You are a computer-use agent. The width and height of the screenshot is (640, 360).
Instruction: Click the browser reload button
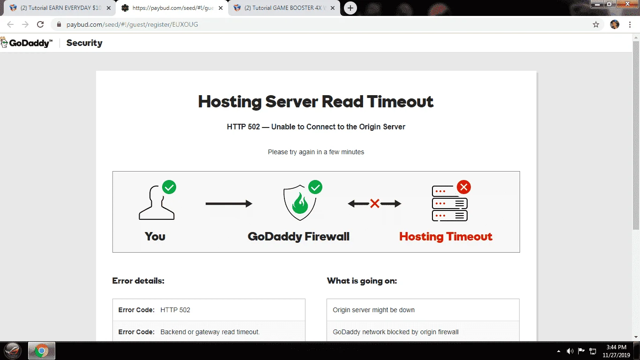tap(40, 24)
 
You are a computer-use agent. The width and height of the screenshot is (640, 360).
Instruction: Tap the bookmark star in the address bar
tap(595, 24)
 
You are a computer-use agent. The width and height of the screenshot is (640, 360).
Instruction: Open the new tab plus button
tap(350, 8)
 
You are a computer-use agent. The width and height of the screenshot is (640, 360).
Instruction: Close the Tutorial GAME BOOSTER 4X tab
tap(333, 8)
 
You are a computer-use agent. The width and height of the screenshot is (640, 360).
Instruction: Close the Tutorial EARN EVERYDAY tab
tap(109, 8)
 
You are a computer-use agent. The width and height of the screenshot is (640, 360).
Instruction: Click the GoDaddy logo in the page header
tap(27, 43)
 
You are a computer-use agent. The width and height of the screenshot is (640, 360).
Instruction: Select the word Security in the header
tap(84, 43)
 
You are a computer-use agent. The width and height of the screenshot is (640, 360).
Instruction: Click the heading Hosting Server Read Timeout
tap(316, 102)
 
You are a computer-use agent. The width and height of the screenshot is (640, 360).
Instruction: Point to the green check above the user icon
tap(169, 187)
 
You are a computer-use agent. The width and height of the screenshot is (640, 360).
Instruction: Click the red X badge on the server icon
tap(464, 187)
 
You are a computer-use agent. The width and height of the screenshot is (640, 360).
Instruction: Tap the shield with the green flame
tap(300, 202)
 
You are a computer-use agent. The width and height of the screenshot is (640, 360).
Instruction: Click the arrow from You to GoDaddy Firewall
tap(229, 203)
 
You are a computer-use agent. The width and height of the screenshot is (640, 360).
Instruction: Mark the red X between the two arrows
tap(374, 203)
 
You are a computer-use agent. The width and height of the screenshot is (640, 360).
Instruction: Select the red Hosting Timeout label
tap(446, 236)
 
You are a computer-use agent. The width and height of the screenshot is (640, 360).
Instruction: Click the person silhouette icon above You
tap(156, 202)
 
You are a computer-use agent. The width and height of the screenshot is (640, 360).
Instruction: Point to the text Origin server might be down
tap(373, 310)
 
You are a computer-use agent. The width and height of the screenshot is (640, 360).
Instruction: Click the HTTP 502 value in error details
tap(175, 310)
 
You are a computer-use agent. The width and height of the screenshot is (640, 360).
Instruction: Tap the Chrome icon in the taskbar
tap(41, 351)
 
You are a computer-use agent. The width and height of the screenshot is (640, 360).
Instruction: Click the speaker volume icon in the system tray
tap(570, 351)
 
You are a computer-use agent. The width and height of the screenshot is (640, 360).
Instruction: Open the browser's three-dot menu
tap(630, 24)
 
